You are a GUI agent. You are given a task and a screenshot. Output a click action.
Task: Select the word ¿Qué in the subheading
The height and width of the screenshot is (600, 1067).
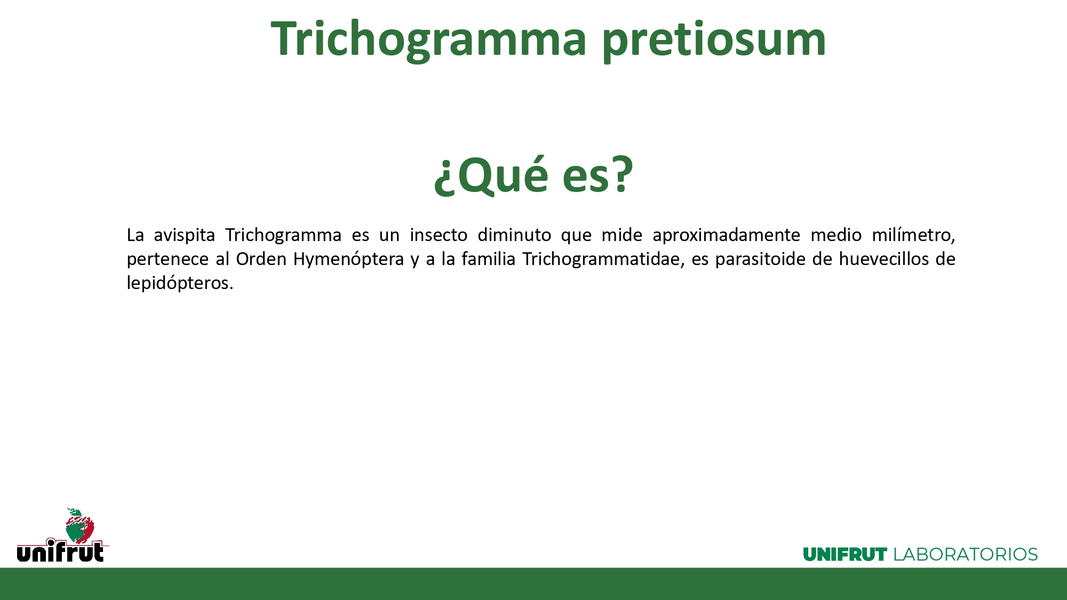(x=491, y=174)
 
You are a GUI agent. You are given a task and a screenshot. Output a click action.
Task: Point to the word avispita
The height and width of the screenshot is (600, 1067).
(x=184, y=235)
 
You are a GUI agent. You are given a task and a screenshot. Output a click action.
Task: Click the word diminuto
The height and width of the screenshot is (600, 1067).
(x=514, y=235)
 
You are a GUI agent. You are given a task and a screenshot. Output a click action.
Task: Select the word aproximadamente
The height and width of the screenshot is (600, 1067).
(x=726, y=235)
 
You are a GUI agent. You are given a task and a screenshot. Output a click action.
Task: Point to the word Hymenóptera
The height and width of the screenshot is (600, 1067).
(x=348, y=260)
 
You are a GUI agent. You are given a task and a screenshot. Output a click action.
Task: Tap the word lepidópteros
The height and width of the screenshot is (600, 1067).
(x=180, y=283)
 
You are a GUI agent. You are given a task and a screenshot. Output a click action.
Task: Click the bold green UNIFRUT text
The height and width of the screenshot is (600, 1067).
(x=845, y=555)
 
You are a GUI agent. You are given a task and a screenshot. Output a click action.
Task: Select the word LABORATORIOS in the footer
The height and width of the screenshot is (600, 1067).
(x=965, y=555)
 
